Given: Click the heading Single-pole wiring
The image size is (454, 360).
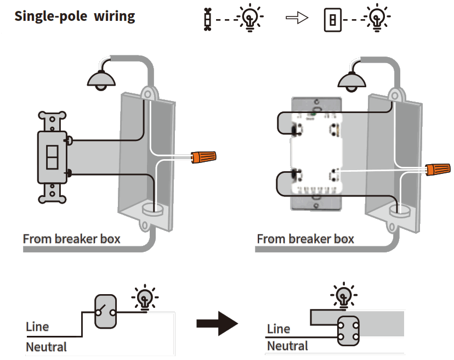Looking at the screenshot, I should click(x=75, y=16).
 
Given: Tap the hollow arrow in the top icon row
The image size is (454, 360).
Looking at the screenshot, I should click(x=295, y=19).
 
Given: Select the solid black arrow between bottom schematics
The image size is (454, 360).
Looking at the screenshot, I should click(x=217, y=324).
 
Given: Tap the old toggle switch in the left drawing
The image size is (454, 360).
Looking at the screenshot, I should click(x=52, y=157).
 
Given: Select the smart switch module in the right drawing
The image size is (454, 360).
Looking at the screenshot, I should click(x=316, y=154).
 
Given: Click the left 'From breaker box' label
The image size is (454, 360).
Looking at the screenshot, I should click(x=72, y=239).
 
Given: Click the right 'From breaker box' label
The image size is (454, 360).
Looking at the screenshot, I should click(x=305, y=239).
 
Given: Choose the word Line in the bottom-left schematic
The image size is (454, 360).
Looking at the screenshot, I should click(x=37, y=327).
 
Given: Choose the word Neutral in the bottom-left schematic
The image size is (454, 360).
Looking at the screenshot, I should click(x=46, y=347).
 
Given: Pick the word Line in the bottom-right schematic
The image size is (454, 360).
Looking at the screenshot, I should click(x=279, y=329).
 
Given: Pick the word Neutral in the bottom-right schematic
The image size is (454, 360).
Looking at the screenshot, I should click(x=287, y=346).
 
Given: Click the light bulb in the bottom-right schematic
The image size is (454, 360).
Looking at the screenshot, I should click(x=344, y=296).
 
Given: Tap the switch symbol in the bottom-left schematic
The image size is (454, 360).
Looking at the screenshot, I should click(x=105, y=312).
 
